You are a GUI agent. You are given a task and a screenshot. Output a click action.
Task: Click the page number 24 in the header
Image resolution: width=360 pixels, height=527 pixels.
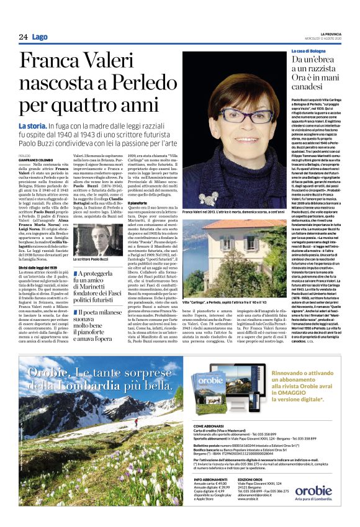tap(23, 37)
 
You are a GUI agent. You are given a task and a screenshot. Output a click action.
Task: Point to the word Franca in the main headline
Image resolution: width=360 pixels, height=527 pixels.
tap(53, 62)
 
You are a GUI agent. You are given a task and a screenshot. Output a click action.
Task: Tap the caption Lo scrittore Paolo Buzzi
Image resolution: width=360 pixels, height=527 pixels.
tap(95, 259)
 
